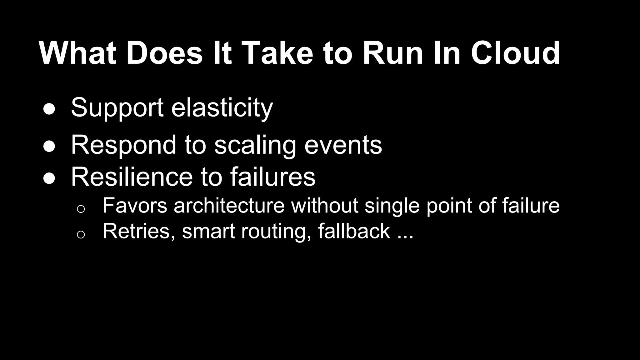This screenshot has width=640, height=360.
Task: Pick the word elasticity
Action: pos(222,108)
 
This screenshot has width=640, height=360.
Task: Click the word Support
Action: pos(117,108)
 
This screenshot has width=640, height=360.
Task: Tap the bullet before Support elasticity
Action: pos(49,109)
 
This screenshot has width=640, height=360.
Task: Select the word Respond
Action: pos(124,145)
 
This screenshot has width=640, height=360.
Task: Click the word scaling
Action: pos(255,146)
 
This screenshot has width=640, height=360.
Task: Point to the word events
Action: pos(343,145)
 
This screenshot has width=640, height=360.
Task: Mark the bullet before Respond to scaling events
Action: pos(49,147)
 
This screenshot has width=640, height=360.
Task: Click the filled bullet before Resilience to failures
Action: pos(49,178)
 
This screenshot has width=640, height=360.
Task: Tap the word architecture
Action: pos(229,205)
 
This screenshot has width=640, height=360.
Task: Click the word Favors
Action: pos(135,205)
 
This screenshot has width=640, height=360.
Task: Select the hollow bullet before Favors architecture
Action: pos(81,209)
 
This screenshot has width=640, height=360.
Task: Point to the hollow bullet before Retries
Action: pos(81,234)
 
